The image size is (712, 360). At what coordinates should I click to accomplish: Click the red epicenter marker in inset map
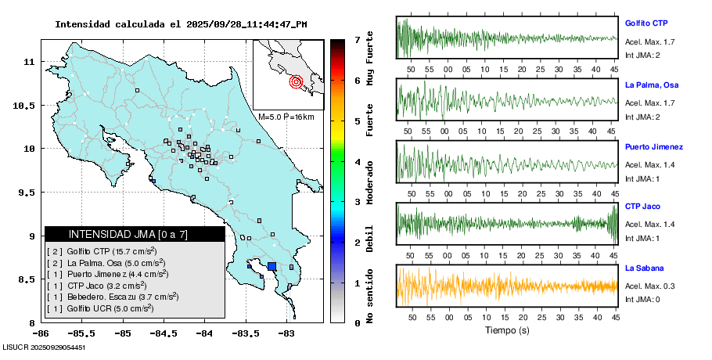coord(296,81)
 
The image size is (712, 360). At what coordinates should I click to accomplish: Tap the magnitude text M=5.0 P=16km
coord(286,117)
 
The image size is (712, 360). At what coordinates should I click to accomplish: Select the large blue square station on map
coord(271,266)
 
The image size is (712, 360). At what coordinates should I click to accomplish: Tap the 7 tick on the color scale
coord(357,39)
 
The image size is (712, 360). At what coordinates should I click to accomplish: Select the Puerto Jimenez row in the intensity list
coord(106,275)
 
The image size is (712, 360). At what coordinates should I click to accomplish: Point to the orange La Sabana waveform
coord(507,285)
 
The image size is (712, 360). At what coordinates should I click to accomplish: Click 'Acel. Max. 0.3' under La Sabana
coord(649,286)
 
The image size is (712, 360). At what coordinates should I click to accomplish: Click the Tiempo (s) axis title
coord(507,331)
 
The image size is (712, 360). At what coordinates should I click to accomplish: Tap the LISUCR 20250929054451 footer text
coord(44,347)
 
